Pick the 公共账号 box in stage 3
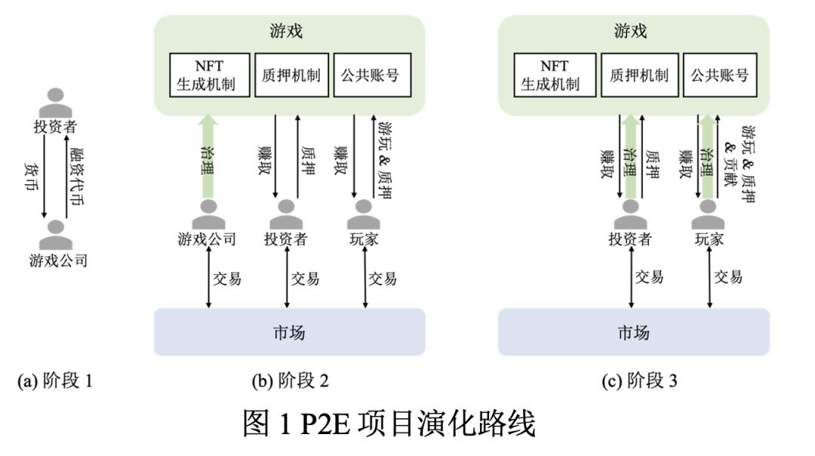[x=718, y=74]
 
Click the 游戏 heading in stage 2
[x=289, y=32]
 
